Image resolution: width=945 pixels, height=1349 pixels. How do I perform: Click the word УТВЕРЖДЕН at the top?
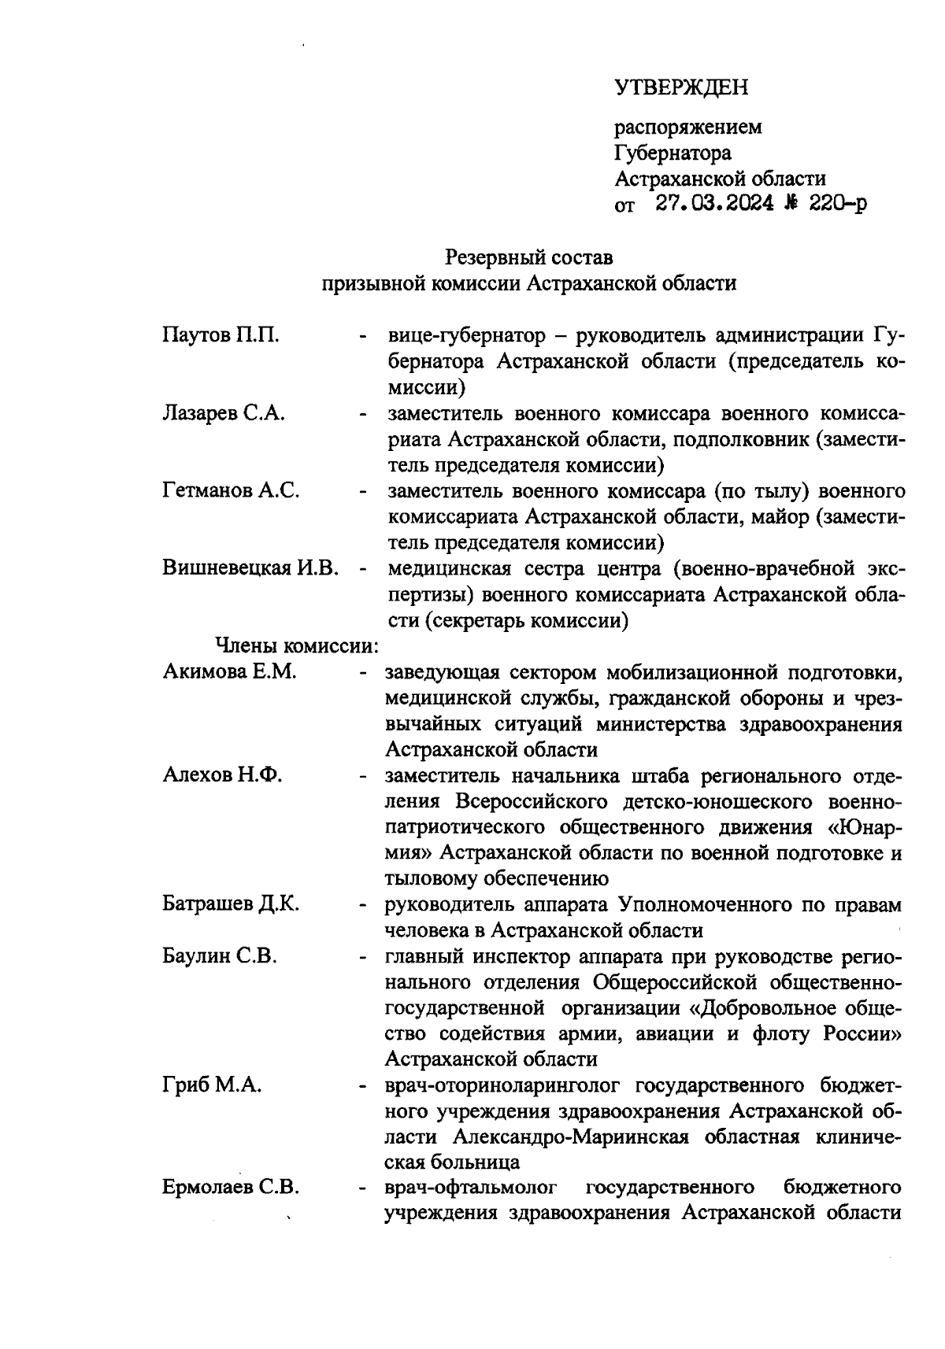pyautogui.click(x=681, y=87)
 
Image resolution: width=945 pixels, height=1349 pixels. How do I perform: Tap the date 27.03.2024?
pyautogui.click(x=714, y=205)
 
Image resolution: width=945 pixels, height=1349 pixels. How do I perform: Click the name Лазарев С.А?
pyautogui.click(x=224, y=413)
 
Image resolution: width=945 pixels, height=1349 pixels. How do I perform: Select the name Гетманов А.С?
pyautogui.click(x=231, y=490)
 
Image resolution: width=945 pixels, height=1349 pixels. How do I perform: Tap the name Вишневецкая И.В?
pyautogui.click(x=250, y=567)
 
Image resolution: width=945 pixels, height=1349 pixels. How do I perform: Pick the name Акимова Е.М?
pyautogui.click(x=229, y=671)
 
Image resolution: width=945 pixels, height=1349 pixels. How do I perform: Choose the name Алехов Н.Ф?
pyautogui.click(x=222, y=775)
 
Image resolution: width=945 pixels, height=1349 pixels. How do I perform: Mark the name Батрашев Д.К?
pyautogui.click(x=230, y=904)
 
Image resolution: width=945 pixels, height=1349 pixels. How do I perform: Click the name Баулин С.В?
pyautogui.click(x=220, y=956)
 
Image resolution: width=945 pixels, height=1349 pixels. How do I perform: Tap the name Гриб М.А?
pyautogui.click(x=213, y=1085)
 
